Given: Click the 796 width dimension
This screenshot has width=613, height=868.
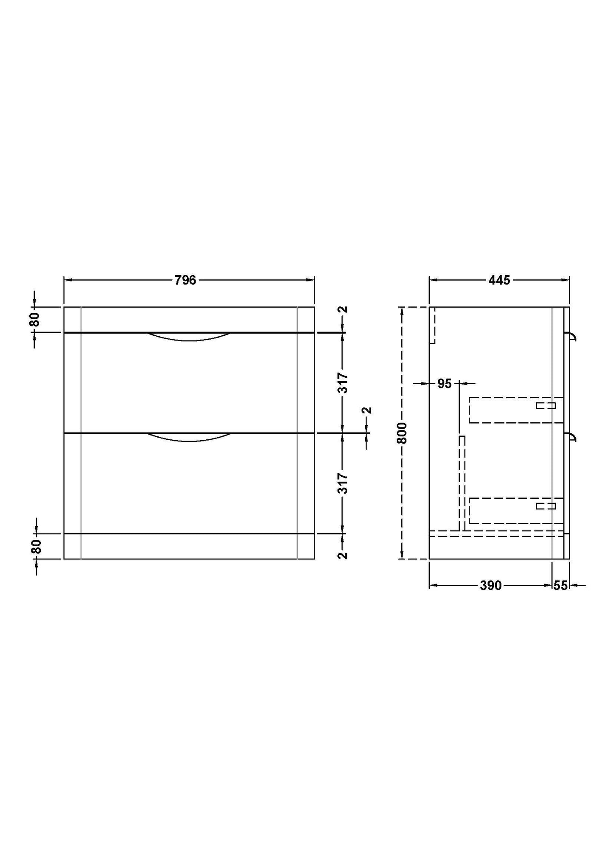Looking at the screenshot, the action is pos(185,280).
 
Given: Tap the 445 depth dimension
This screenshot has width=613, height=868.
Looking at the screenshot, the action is pos(499,280).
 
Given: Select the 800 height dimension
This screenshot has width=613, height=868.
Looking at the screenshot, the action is pos(402,433).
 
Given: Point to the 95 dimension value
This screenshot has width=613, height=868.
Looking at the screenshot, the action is pos(445,384).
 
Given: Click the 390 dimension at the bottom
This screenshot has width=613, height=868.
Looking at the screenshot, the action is pos(491,586).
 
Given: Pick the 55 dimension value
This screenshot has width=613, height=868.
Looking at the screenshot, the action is pos(560,586).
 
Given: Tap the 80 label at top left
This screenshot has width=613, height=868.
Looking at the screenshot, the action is pos(35,319).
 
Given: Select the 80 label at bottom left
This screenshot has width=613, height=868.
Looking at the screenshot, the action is pos(36,546).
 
